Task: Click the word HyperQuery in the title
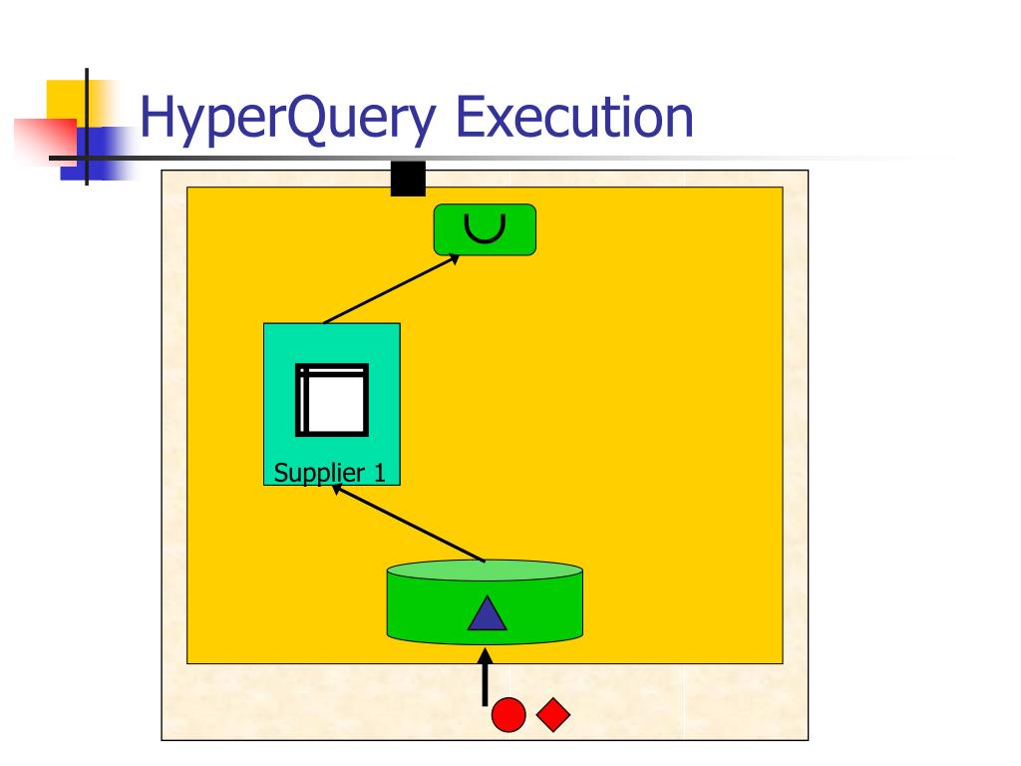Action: click(x=288, y=118)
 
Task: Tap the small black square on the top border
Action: click(x=408, y=179)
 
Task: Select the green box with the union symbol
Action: click(x=485, y=229)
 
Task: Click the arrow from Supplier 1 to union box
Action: click(x=391, y=289)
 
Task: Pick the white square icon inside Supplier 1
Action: click(x=332, y=400)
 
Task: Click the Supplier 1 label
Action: click(x=330, y=473)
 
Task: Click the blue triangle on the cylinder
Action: click(x=487, y=613)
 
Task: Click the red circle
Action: click(x=509, y=715)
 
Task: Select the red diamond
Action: click(x=553, y=715)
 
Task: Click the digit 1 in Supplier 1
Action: click(x=380, y=473)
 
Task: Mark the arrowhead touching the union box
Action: click(x=454, y=258)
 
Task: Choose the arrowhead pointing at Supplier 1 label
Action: click(x=337, y=488)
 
